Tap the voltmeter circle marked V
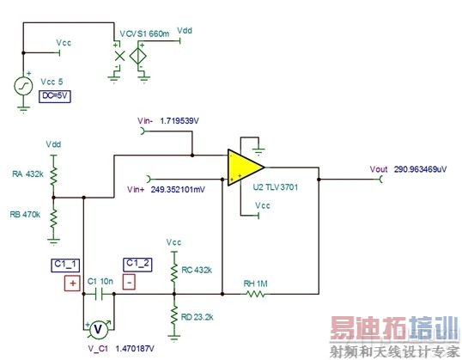pos(97,327)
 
